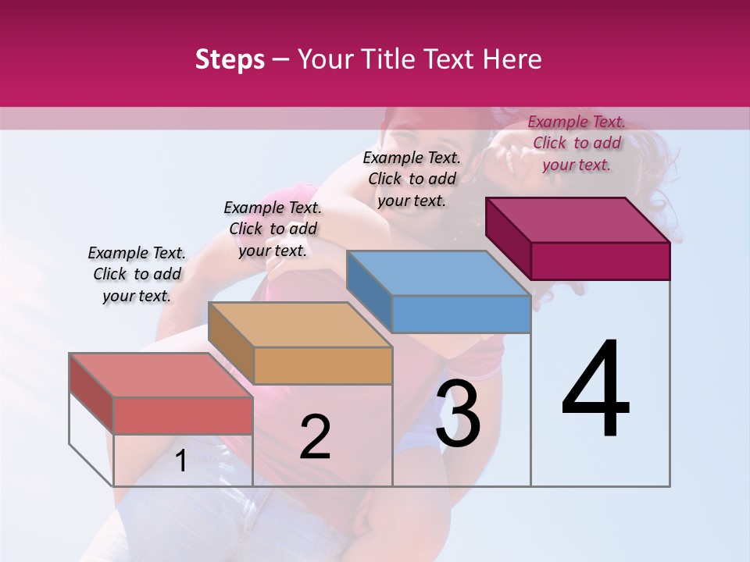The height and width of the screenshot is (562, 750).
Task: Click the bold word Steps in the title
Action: point(230,59)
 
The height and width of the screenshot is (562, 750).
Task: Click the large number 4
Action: point(595,390)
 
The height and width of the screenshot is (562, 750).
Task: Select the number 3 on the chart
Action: point(458,414)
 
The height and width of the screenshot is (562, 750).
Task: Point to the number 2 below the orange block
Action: point(315,437)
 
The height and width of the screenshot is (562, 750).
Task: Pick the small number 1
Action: point(181,461)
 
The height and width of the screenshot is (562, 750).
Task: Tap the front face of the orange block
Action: point(323,365)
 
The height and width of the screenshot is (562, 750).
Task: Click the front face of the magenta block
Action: point(600,261)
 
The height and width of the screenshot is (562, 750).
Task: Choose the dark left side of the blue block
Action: point(369,289)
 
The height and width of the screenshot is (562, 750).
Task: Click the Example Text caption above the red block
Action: point(137,274)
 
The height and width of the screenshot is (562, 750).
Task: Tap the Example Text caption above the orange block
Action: point(273,229)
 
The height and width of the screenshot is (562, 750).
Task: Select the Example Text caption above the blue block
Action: point(412,179)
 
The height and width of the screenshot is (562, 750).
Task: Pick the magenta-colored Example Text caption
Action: point(577,143)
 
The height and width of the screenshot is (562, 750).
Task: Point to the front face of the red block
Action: point(183,415)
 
